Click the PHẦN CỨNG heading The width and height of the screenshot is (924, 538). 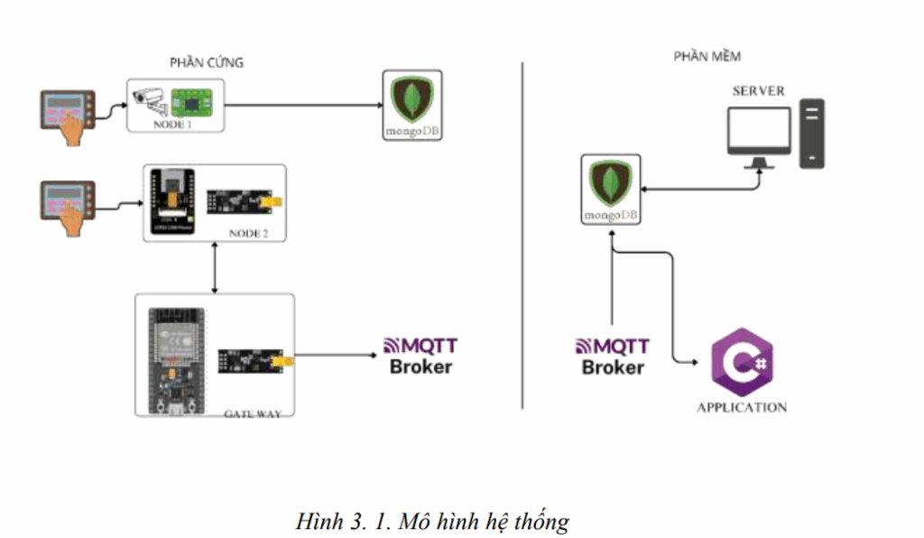207,62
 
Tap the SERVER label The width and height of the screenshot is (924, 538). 758,91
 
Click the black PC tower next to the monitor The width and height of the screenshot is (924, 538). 812,135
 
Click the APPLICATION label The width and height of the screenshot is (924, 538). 741,407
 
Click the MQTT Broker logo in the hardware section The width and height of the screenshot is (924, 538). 420,356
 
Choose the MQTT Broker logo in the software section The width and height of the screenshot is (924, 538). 613,356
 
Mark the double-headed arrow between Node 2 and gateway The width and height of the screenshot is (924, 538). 215,268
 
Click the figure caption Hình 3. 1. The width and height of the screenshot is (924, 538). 433,521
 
